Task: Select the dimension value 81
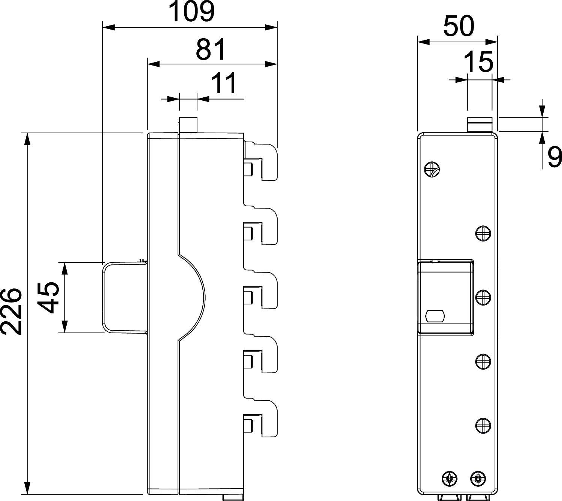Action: (x=211, y=49)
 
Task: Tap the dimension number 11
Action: (x=224, y=83)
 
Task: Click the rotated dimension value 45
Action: (x=49, y=298)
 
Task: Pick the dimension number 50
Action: (x=459, y=27)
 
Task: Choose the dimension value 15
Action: (x=478, y=62)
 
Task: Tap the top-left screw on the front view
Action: (x=432, y=169)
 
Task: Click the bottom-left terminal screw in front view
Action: (x=449, y=478)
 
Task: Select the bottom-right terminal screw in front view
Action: (x=477, y=478)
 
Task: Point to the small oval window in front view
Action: (x=435, y=316)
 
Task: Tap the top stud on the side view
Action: (x=188, y=125)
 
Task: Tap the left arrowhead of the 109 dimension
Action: (x=109, y=27)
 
